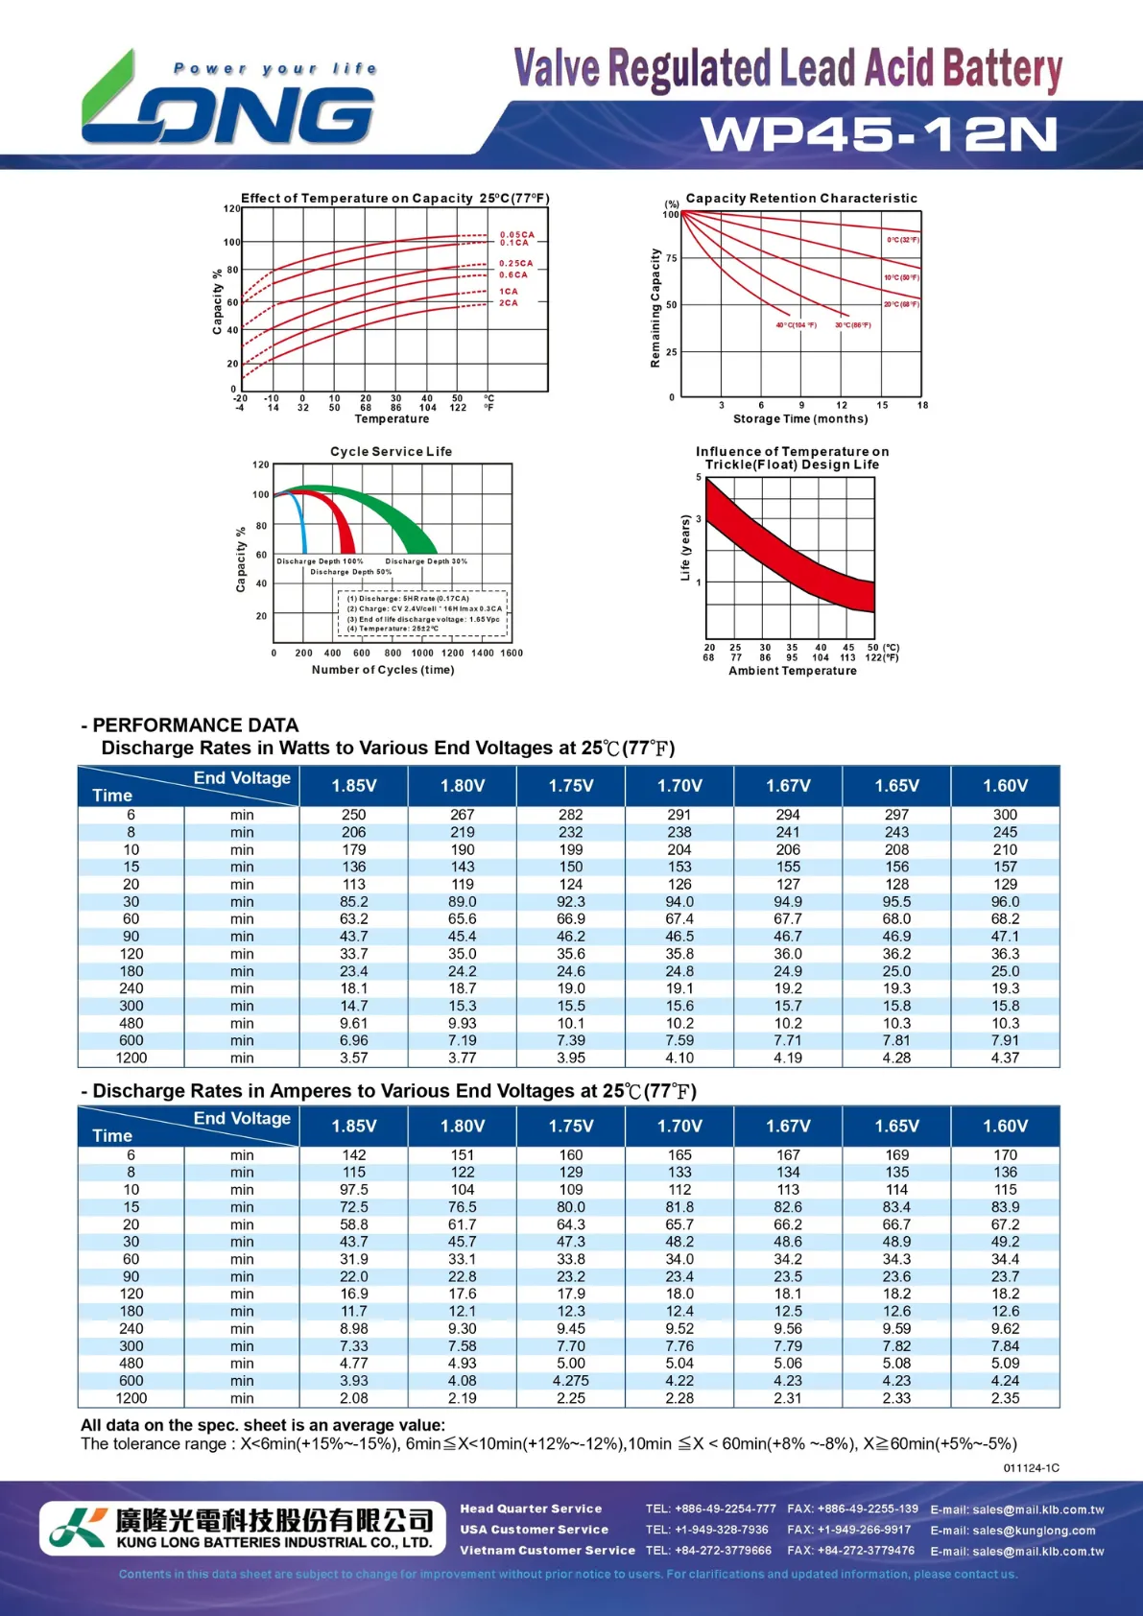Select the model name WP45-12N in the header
[878, 134]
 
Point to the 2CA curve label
[509, 303]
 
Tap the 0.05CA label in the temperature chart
[516, 234]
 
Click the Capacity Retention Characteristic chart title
[801, 198]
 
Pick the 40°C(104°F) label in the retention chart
[796, 325]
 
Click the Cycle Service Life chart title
[391, 451]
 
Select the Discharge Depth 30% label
[426, 561]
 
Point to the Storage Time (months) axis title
[800, 418]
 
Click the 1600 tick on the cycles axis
[512, 654]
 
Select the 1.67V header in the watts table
[788, 786]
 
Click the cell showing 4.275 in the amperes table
[571, 1381]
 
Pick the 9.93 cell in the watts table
[463, 1023]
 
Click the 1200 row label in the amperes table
[131, 1398]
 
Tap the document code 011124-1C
[1031, 1468]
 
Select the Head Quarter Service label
[531, 1509]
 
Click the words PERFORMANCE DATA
[196, 725]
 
